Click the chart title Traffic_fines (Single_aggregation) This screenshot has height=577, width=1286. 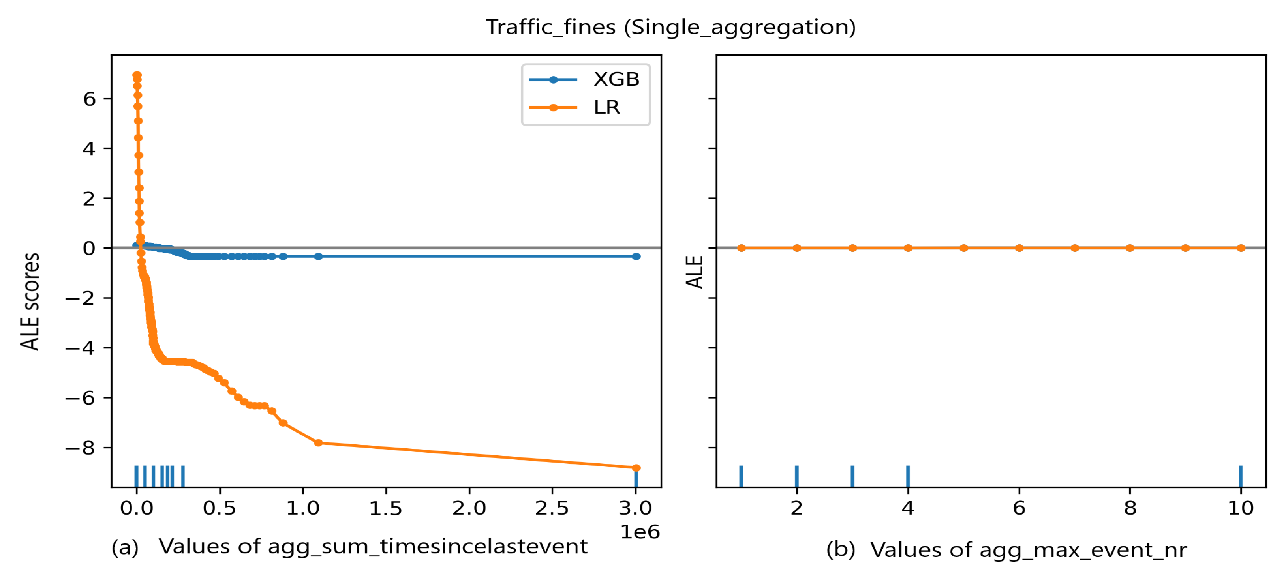670,27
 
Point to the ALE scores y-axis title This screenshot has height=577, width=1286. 30,302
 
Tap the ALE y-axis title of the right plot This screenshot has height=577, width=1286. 695,272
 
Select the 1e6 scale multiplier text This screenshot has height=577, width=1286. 640,532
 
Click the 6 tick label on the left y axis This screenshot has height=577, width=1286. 89,99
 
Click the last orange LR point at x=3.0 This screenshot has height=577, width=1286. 636,468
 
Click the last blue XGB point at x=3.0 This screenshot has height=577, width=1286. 636,257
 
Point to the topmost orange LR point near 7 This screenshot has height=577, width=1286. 137,75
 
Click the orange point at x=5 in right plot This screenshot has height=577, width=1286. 963,248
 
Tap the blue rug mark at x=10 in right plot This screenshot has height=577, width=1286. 1241,476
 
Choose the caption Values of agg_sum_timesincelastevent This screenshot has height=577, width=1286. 373,547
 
